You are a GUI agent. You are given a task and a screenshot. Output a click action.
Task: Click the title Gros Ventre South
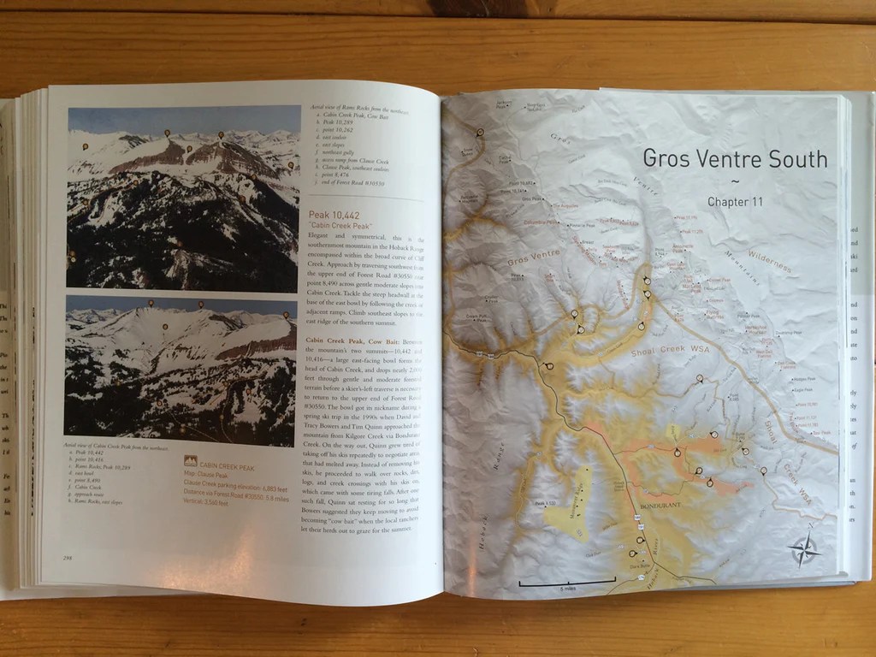click(734, 159)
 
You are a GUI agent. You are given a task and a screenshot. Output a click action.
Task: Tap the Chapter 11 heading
click(734, 202)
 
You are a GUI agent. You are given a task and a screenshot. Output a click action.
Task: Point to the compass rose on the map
click(804, 550)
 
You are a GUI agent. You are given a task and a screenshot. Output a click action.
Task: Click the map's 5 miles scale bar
click(566, 583)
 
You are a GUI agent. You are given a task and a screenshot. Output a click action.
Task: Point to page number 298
click(66, 558)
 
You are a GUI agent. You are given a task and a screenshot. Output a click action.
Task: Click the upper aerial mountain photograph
click(183, 198)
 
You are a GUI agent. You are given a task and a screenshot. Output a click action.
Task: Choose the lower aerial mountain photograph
click(181, 366)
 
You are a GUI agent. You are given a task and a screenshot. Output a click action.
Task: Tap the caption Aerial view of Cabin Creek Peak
click(116, 447)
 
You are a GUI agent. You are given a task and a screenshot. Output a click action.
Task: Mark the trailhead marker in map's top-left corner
click(480, 133)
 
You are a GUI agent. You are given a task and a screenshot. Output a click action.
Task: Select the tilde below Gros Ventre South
click(734, 181)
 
